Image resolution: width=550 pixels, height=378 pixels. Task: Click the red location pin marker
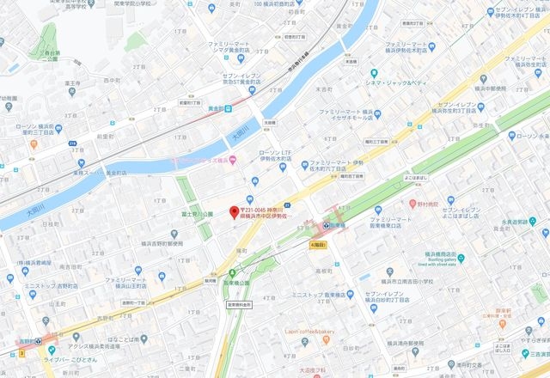point(232,213)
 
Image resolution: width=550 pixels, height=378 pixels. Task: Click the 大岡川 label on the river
point(240,135)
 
